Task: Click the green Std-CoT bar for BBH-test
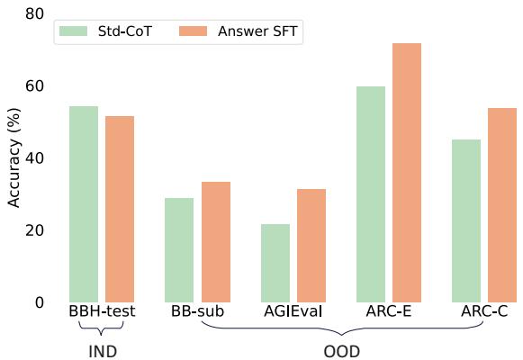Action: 84,204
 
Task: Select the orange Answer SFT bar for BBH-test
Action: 120,209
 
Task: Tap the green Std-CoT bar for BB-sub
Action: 179,250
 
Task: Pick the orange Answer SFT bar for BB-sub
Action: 216,242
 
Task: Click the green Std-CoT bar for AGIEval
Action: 275,263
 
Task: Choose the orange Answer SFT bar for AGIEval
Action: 311,246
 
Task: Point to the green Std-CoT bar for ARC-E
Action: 371,194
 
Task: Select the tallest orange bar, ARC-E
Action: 407,173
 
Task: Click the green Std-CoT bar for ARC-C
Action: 466,220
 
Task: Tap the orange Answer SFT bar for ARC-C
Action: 502,205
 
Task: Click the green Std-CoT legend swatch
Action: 72,31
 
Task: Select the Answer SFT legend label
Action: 259,31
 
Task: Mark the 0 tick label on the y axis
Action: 39,302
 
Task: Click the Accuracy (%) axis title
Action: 14,158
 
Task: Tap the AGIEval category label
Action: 293,312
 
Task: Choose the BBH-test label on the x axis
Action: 102,312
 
